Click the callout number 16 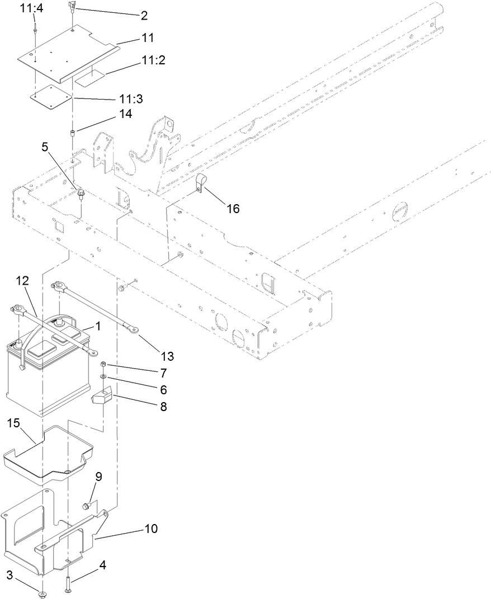click(x=233, y=208)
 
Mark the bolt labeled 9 click(x=86, y=506)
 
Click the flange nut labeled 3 click(x=43, y=593)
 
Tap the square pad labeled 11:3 click(x=51, y=96)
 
